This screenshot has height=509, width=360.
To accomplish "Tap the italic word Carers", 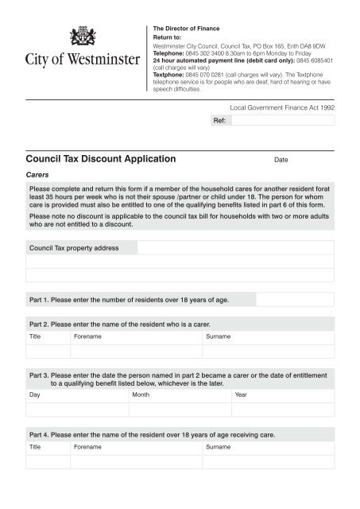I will click(39, 173).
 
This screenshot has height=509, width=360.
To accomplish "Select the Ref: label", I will click(220, 121).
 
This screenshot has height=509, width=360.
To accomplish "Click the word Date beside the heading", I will click(281, 160).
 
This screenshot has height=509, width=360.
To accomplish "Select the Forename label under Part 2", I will click(87, 337).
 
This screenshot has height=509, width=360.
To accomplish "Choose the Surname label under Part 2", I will click(219, 337).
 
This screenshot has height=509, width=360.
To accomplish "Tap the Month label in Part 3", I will click(141, 394).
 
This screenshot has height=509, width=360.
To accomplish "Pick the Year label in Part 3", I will click(241, 394).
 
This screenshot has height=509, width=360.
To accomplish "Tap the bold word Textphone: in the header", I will click(168, 76).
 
